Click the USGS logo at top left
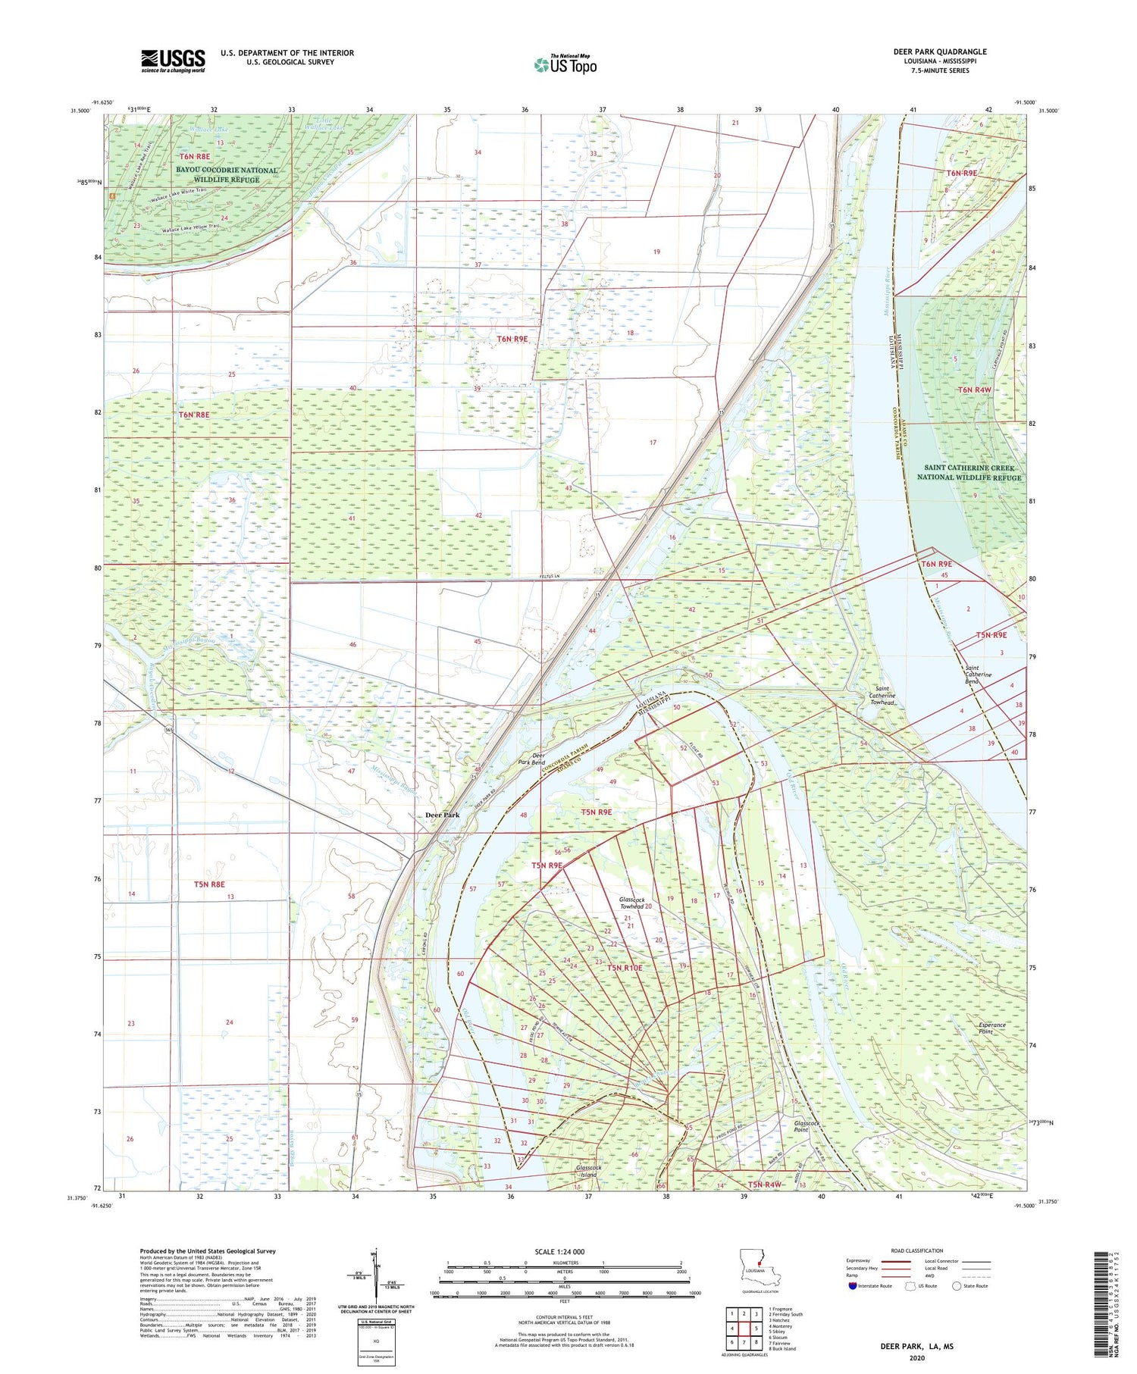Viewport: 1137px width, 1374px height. click(x=173, y=61)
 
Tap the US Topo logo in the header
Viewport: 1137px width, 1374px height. click(x=565, y=65)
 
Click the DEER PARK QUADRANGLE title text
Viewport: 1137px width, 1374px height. click(x=940, y=52)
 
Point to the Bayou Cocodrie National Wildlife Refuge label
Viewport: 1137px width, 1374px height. click(x=227, y=174)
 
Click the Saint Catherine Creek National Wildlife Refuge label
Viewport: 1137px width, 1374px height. click(x=969, y=473)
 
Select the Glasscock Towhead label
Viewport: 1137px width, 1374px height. click(x=631, y=903)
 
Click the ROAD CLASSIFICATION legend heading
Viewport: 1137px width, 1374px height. click(x=917, y=1250)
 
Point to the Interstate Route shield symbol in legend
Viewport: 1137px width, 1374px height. click(x=853, y=1286)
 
